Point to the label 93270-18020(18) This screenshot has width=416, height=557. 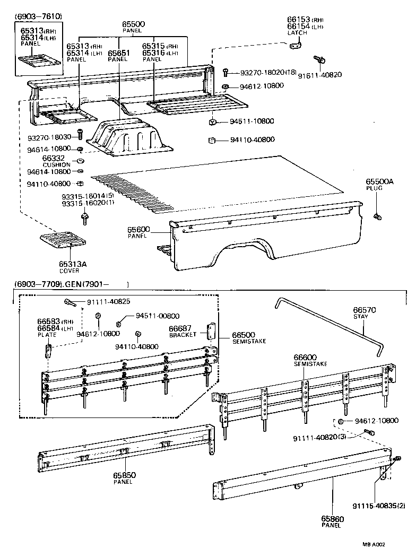pos(268,72)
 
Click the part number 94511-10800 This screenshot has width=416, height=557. pos(252,121)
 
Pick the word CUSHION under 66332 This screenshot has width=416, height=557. pos(56,165)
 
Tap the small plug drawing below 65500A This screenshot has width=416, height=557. pos(378,216)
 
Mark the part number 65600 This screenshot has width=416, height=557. pos(138,229)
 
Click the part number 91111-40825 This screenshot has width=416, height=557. pos(108,302)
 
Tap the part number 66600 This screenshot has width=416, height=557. pos(306,357)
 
